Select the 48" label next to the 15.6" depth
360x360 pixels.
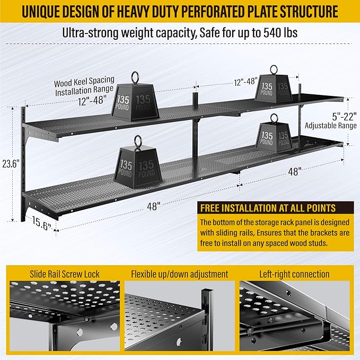point(154,207)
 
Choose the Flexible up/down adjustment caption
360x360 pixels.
point(180,274)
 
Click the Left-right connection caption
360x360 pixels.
point(294,274)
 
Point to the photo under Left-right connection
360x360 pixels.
point(294,318)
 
